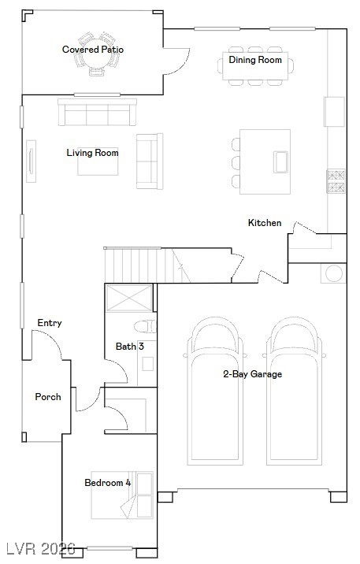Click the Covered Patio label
(x=93, y=50)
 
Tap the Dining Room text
(x=255, y=60)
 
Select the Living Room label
(x=92, y=152)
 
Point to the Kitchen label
(x=265, y=223)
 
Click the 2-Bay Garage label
(x=252, y=374)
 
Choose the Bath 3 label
(x=129, y=346)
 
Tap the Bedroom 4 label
(x=108, y=482)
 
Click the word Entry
(x=50, y=323)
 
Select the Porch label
(x=48, y=396)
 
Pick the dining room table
(x=256, y=69)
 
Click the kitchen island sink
(x=281, y=161)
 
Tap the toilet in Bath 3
(x=146, y=326)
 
